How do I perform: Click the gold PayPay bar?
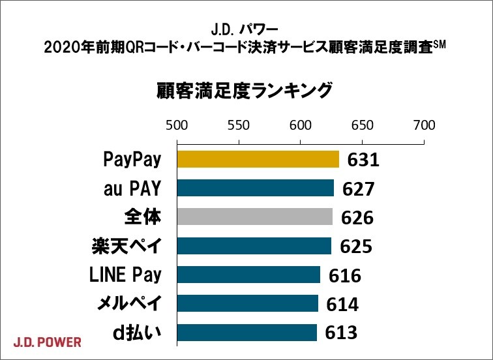point(258,159)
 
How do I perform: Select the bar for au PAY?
point(255,188)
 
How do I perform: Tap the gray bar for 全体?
point(254,217)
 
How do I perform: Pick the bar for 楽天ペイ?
point(254,246)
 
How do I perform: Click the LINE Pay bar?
point(248,275)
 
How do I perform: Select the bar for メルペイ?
point(247,303)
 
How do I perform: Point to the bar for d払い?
point(246,332)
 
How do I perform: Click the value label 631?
point(363,160)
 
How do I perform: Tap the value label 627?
point(358,189)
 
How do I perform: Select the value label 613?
point(341,333)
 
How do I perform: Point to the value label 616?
point(344,276)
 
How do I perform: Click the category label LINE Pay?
point(125,275)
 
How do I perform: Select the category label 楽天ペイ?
point(126,246)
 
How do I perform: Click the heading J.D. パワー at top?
point(245,29)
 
